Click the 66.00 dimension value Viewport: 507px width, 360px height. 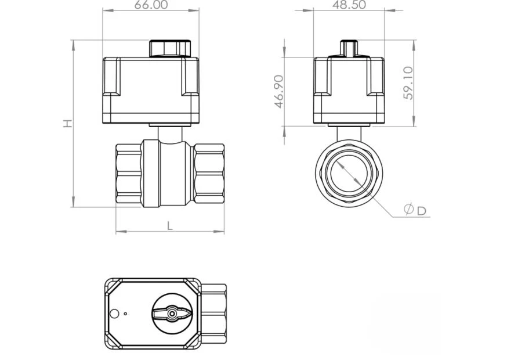(x=151, y=5)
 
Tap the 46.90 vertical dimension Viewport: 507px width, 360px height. (x=278, y=92)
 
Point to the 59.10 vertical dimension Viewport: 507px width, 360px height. (x=408, y=83)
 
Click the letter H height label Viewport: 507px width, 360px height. (x=67, y=123)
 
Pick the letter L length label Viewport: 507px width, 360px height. (x=170, y=226)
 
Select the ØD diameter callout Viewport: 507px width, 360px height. (x=415, y=210)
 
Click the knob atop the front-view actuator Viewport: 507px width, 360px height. (x=170, y=49)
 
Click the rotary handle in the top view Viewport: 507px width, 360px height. (x=172, y=313)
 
